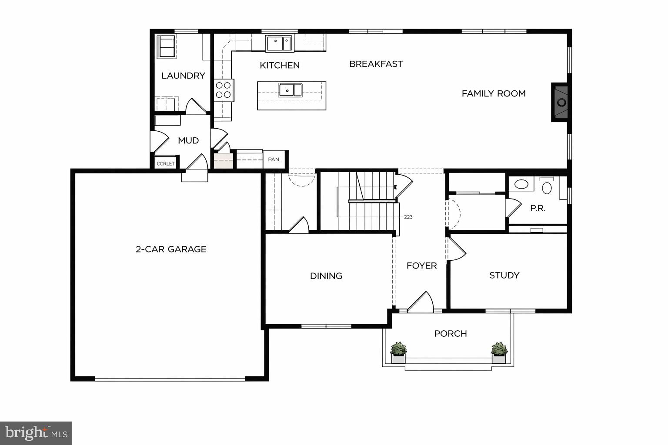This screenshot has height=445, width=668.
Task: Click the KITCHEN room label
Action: (280, 65)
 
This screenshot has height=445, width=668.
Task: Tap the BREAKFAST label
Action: (376, 64)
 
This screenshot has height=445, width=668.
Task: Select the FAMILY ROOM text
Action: (494, 93)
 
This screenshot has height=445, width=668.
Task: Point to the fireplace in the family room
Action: (561, 103)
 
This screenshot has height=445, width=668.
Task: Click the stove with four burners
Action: (224, 90)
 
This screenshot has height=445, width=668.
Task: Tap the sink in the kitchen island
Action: (290, 90)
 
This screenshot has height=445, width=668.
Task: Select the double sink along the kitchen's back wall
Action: (279, 43)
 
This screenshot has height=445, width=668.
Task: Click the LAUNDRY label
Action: (183, 76)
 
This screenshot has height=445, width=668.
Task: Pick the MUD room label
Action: (188, 140)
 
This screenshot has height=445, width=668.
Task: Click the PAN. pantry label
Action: (274, 159)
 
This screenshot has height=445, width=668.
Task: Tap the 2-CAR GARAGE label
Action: (171, 249)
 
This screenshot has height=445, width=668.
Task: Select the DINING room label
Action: (326, 276)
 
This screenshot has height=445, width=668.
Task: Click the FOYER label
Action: (421, 266)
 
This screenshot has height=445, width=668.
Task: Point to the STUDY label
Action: (504, 275)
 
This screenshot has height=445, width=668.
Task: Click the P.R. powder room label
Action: (538, 208)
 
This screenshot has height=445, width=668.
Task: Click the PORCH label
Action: (451, 333)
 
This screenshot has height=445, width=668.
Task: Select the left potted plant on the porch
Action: (398, 352)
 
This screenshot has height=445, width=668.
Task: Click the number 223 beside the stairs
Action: (408, 217)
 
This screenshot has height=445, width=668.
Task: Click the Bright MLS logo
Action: (36, 433)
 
